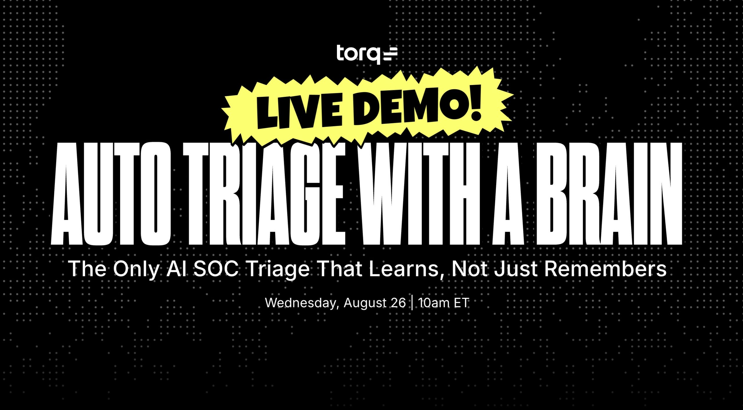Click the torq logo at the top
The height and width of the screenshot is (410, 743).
(367, 54)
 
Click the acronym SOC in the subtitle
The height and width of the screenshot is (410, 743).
(216, 269)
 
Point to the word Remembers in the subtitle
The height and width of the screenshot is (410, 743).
(605, 269)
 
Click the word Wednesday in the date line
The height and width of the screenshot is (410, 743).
(302, 303)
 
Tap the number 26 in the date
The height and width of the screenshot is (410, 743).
(398, 303)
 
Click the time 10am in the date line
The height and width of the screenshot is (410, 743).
(434, 303)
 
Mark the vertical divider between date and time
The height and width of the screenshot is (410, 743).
(412, 303)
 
